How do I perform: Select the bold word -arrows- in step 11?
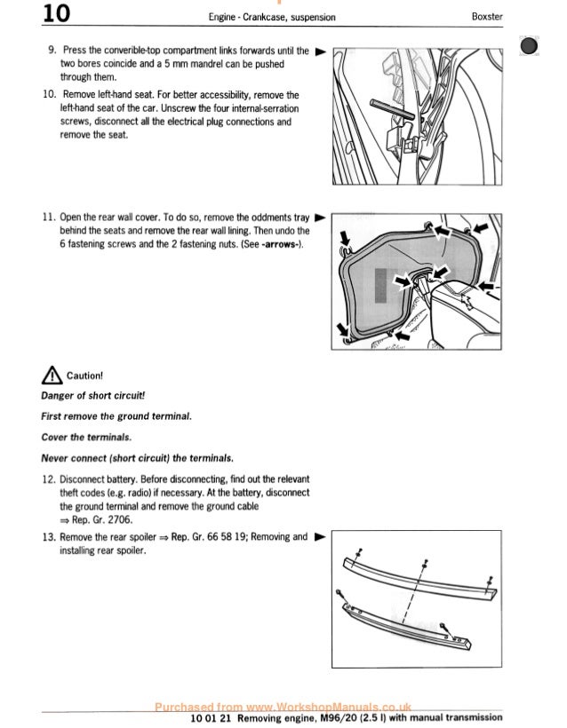click(x=279, y=244)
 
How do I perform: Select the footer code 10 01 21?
click(x=212, y=717)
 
